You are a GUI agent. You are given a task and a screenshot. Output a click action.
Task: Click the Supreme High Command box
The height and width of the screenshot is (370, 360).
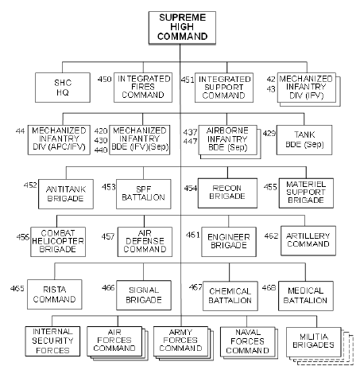tap(182, 27)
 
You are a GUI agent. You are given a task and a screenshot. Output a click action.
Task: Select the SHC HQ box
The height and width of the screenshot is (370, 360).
tap(63, 88)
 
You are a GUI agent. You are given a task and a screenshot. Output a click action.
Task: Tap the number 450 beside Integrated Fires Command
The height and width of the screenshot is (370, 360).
tap(104, 79)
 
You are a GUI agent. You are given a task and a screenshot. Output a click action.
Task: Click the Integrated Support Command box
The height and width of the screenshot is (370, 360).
tap(224, 88)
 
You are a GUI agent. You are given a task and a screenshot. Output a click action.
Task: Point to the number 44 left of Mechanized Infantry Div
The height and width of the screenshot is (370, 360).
tap(20, 130)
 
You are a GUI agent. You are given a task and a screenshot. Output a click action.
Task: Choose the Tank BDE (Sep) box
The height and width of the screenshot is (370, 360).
tap(304, 140)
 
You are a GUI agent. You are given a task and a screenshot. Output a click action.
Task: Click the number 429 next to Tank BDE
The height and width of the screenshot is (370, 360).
tap(269, 133)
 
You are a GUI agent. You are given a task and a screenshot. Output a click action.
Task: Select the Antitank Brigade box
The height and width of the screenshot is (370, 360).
tap(66, 194)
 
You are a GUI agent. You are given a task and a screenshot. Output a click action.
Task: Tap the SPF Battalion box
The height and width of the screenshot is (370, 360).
tap(144, 194)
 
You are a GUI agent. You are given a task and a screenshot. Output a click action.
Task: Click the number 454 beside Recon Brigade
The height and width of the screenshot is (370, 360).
tap(191, 189)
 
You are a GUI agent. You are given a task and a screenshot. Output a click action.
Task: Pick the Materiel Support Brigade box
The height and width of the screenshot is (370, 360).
tap(306, 193)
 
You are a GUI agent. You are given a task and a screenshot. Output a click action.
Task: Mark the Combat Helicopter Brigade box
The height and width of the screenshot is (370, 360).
tap(58, 242)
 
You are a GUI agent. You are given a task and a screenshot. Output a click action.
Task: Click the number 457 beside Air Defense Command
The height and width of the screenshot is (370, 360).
tap(108, 236)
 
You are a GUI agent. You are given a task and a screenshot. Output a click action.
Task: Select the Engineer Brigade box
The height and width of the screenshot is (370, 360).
tap(229, 242)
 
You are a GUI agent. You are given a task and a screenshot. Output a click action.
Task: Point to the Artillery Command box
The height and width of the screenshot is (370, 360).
tap(308, 240)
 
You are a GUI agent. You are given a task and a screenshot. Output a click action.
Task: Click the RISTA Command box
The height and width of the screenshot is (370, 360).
tap(55, 294)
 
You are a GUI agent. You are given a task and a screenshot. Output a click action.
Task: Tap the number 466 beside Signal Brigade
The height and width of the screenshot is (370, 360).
tap(108, 287)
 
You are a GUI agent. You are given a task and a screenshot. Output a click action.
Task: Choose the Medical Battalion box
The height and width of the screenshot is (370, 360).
tap(306, 296)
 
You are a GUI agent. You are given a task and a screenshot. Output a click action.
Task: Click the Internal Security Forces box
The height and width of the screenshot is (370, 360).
tap(52, 341)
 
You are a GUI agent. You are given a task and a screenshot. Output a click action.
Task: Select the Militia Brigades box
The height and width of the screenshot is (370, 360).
tap(314, 342)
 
